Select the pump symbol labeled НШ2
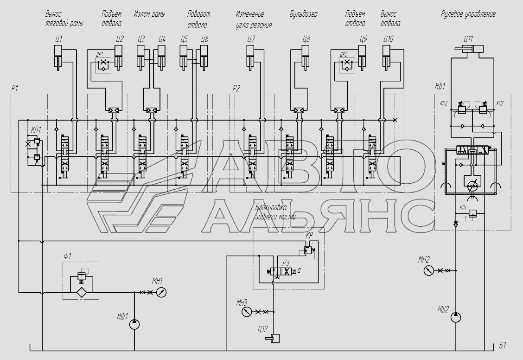456,317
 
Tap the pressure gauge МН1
161,292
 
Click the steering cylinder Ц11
467,49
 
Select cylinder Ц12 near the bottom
274,339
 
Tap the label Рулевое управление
468,14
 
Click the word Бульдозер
303,14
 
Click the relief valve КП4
472,213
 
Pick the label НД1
440,86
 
